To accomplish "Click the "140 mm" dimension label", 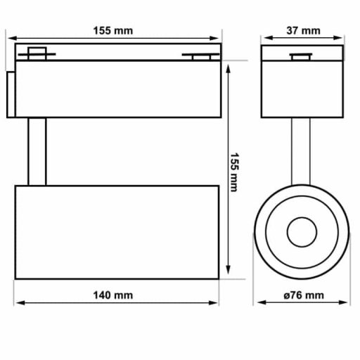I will (113, 295).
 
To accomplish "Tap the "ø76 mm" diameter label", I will (303, 295).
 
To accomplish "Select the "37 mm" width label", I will (303, 30).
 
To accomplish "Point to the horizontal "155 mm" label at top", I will (113, 30).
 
